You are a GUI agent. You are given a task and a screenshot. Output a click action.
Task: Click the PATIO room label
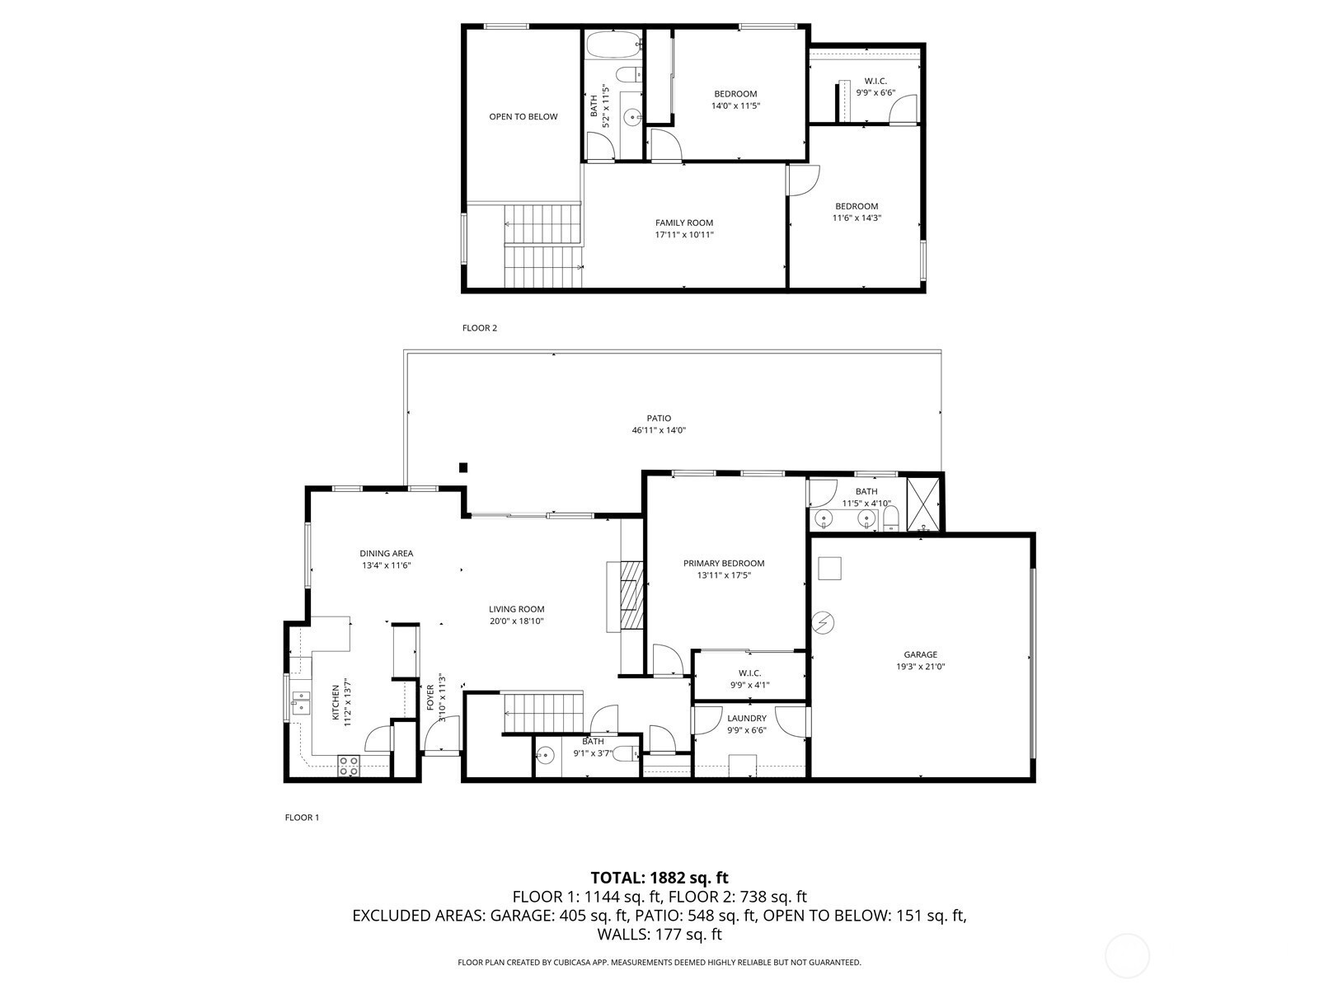(659, 418)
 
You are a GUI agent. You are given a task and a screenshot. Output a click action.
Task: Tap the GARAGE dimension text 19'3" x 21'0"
(921, 666)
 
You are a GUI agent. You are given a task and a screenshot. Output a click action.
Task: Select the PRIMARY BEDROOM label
(724, 563)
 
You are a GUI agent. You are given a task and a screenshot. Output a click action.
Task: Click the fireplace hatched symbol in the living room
(631, 594)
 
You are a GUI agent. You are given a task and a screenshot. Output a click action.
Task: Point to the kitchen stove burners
(349, 766)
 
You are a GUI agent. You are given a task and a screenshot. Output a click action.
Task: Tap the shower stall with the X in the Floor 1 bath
(924, 504)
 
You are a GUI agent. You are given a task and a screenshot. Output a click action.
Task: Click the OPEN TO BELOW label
(523, 116)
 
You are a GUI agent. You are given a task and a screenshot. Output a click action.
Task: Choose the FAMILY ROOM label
(684, 223)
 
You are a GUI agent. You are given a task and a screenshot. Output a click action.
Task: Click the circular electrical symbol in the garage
(823, 623)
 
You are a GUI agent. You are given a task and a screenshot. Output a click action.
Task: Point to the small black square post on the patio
(463, 467)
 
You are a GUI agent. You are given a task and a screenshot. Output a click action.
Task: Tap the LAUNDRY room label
(746, 718)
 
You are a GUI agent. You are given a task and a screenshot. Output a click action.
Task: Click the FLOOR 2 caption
(480, 328)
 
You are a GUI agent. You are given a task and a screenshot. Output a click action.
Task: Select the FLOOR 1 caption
(302, 818)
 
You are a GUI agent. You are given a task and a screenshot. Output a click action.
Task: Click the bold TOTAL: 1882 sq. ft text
(659, 878)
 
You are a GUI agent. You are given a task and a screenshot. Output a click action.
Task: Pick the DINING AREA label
(387, 554)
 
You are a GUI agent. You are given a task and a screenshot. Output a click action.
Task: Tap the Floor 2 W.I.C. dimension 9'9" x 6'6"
(875, 92)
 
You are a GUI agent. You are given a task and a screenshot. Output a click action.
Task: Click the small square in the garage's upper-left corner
(830, 568)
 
